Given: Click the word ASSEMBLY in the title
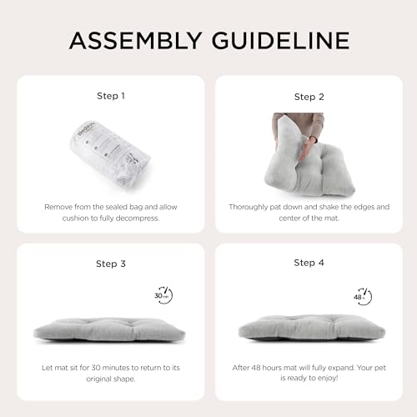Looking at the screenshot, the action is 135,41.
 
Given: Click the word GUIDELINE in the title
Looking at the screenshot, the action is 280,41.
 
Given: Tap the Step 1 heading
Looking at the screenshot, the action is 111,96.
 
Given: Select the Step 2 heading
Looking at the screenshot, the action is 309,97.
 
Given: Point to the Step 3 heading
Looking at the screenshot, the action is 111,264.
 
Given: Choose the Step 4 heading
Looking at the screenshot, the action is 309,263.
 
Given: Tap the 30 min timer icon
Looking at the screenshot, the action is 163,295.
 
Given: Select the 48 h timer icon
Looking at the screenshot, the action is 363,297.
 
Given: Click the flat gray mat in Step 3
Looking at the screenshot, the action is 109,331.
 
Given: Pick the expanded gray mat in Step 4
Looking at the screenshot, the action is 312,328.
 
